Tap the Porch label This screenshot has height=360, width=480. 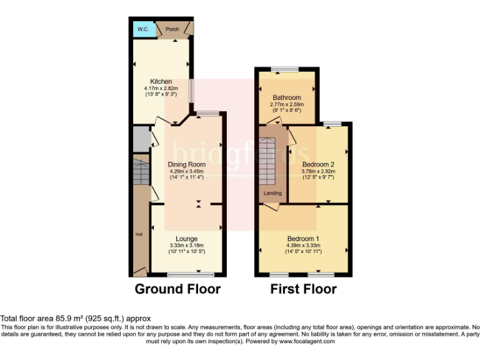[172, 29]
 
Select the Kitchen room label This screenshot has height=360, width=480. [161, 82]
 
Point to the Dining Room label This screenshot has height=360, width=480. [187, 164]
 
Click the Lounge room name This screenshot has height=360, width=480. [186, 239]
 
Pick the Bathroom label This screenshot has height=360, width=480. [286, 97]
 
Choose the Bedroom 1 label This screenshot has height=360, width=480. [303, 239]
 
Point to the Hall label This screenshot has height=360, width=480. [139, 234]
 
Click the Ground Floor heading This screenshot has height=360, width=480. [178, 289]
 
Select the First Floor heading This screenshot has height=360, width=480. [303, 289]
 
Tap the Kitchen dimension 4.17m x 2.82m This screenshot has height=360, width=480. [161, 88]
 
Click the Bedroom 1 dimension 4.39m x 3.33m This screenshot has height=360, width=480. [303, 245]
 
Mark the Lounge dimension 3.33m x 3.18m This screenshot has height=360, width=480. [186, 245]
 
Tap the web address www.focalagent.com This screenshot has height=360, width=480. [308, 342]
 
